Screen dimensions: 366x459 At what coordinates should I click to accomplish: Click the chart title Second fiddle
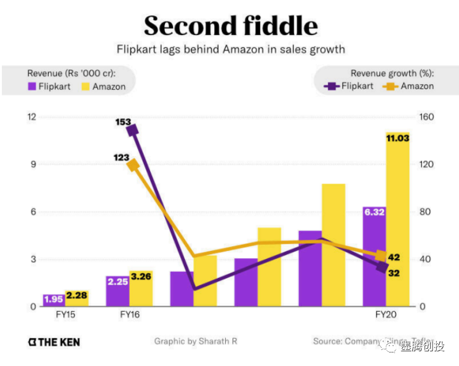231,26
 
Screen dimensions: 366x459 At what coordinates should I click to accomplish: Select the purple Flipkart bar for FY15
54,300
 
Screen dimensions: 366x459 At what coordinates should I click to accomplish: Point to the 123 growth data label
121,157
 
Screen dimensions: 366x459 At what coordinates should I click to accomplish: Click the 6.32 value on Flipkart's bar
374,212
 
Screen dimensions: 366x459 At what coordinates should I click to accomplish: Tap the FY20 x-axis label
386,314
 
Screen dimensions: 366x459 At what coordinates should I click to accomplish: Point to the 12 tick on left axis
31,117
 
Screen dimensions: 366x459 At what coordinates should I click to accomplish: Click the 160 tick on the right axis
426,117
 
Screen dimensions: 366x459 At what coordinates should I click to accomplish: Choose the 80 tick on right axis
426,212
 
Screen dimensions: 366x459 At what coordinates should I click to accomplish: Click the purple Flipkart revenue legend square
30,87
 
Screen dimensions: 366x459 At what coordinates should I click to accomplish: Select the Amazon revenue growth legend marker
389,87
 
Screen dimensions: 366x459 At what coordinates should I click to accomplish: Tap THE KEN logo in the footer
54,342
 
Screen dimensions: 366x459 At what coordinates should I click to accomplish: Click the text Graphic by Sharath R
195,341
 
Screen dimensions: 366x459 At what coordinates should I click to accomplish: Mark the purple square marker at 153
132,129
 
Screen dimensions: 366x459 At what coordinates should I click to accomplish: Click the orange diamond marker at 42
381,257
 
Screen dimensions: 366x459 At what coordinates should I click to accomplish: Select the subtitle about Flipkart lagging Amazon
231,49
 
